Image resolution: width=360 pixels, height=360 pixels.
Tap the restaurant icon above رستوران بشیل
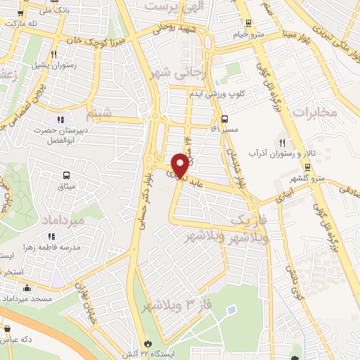(54, 53)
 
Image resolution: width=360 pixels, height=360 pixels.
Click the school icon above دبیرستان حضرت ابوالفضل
(60, 118)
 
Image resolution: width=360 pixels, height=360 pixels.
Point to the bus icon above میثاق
(66, 174)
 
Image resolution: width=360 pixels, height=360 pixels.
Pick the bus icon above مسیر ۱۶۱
(224, 118)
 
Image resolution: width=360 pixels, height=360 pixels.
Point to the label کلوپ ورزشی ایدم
(220, 94)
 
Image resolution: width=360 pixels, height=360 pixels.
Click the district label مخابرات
(314, 112)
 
